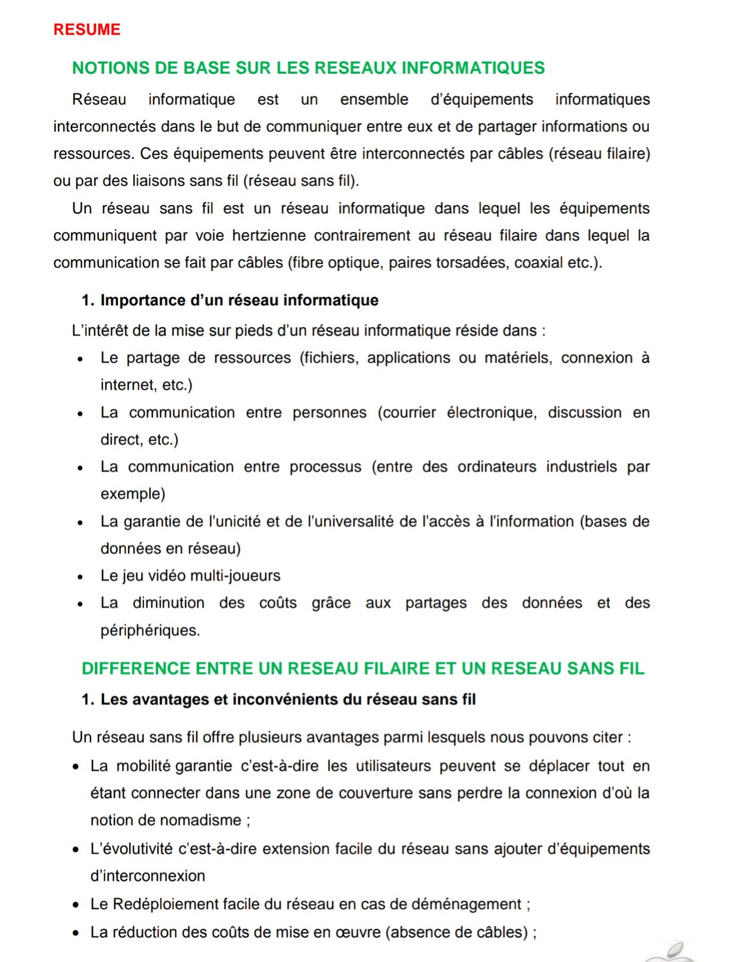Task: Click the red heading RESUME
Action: pos(87,30)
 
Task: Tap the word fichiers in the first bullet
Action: pos(331,358)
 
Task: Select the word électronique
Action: pos(491,413)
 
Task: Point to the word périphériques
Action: pos(150,631)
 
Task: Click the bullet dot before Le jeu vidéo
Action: pos(80,577)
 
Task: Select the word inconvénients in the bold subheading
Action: pos(284,700)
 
